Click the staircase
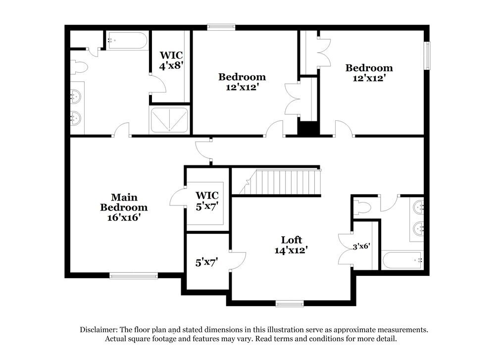pyautogui.click(x=280, y=182)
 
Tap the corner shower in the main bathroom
pyautogui.click(x=169, y=120)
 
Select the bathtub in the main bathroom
pyautogui.click(x=127, y=41)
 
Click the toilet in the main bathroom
pyautogui.click(x=80, y=66)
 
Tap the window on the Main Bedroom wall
pyautogui.click(x=133, y=276)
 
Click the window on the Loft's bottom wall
pyautogui.click(x=290, y=304)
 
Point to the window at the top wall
pyautogui.click(x=221, y=27)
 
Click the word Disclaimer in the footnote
pyautogui.click(x=101, y=329)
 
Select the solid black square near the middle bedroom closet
pyautogui.click(x=308, y=128)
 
